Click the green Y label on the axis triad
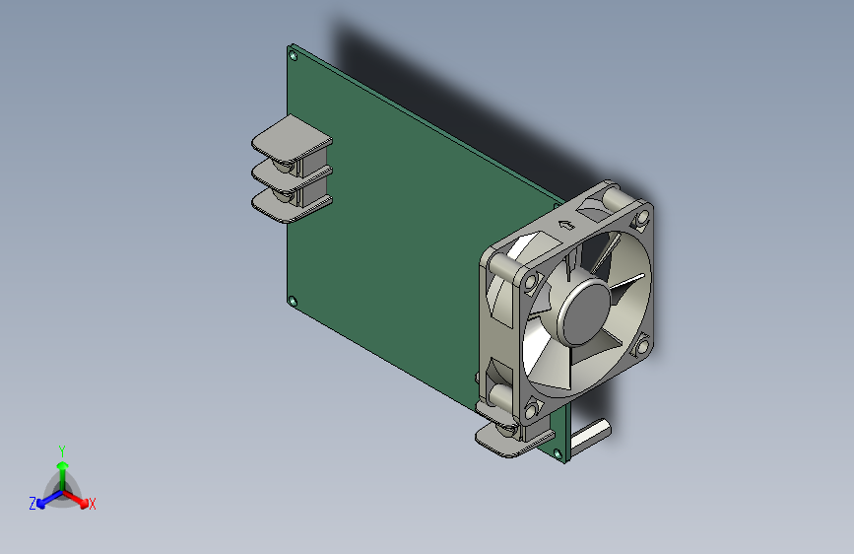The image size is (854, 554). (x=62, y=451)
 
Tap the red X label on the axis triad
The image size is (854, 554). (x=92, y=504)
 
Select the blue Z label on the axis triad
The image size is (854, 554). (x=33, y=504)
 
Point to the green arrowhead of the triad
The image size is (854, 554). (x=63, y=465)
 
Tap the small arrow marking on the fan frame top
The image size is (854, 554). (x=566, y=224)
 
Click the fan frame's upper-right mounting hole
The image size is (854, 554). (x=642, y=218)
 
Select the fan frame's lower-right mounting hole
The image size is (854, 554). (x=642, y=346)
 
